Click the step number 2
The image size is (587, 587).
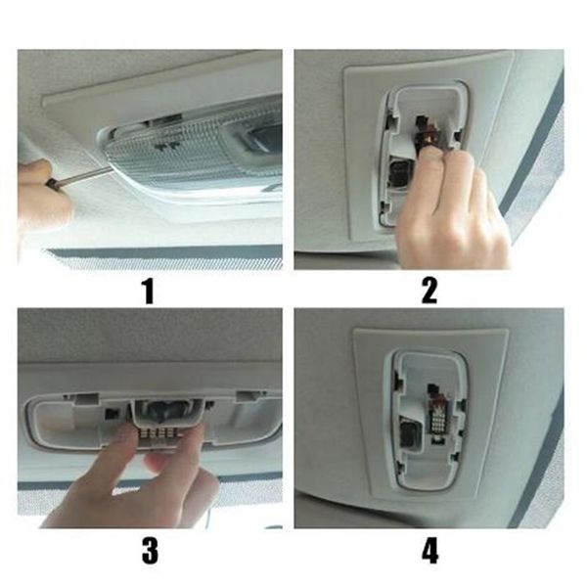(x=429, y=291)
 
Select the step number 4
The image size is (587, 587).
(x=429, y=551)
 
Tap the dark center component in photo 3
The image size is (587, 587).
(x=163, y=411)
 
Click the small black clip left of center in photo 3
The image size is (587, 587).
(x=112, y=413)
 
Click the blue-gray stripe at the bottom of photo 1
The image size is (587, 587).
(x=164, y=253)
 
